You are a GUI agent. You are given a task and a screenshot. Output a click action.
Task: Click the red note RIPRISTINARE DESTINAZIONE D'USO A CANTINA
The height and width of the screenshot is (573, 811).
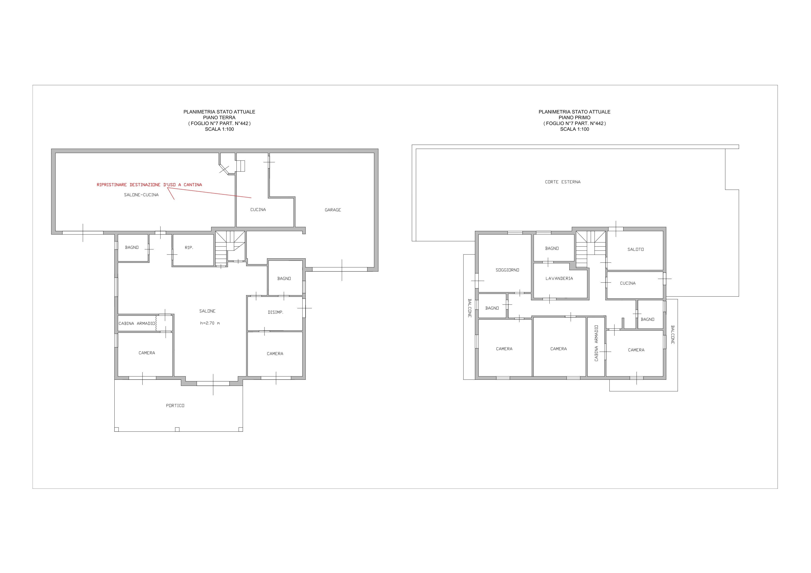tap(149, 184)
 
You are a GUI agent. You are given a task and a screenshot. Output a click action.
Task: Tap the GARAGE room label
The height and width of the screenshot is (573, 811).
tap(333, 210)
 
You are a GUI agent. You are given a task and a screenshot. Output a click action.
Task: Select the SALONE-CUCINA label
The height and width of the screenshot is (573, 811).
tap(141, 195)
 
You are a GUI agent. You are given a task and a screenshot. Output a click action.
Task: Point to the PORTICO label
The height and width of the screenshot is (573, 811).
tap(175, 406)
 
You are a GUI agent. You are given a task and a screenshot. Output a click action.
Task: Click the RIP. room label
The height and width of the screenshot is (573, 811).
tap(189, 248)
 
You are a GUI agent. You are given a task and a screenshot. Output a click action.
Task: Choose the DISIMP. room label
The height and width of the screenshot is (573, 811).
tap(275, 312)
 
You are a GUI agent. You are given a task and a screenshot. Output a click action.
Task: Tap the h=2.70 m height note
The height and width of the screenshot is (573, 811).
tap(210, 323)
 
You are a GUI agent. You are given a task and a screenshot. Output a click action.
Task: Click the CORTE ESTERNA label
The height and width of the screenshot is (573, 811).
tap(563, 182)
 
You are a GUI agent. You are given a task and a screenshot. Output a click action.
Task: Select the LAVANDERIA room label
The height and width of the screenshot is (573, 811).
tap(559, 278)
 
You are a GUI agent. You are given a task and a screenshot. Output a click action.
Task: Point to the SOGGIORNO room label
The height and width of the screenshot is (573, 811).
tap(507, 270)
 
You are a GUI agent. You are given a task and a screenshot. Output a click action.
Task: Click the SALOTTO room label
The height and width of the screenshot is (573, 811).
tap(635, 250)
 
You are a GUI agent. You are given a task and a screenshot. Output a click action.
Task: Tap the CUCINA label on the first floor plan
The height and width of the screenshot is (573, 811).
tap(628, 283)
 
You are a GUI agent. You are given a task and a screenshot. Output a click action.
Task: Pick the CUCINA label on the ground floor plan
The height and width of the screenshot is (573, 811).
tap(258, 210)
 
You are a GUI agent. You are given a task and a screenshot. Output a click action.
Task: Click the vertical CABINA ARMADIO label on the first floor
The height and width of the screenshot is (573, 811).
tap(596, 343)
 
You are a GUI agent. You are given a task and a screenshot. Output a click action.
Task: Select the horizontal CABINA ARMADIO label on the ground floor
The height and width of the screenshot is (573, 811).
tap(137, 323)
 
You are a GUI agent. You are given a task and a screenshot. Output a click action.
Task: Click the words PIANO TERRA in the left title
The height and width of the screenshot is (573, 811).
tap(219, 118)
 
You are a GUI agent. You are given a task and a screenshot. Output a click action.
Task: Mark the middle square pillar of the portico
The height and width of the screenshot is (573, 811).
tap(177, 429)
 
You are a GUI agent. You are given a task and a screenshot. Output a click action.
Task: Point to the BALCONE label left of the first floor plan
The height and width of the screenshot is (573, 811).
tap(469, 308)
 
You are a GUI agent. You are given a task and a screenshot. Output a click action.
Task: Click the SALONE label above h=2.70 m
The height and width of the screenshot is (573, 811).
tap(207, 311)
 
